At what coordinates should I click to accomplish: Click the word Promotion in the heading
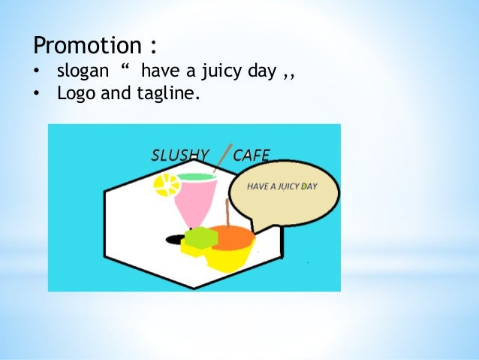click(87, 46)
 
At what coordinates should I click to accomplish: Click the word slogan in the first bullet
click(83, 73)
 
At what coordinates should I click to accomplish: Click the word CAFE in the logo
click(252, 156)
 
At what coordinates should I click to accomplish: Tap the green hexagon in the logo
click(200, 237)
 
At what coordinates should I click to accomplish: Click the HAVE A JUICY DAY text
click(282, 186)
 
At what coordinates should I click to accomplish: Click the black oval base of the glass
click(175, 240)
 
